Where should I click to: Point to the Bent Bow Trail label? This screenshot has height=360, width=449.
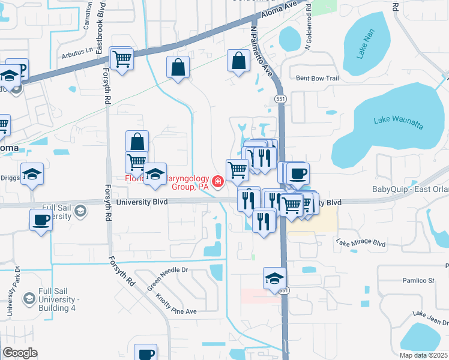[318, 78]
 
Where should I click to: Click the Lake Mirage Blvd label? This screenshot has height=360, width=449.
[360, 243]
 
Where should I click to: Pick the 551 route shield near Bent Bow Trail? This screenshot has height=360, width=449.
[280, 98]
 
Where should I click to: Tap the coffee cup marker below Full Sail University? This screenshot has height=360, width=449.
[41, 220]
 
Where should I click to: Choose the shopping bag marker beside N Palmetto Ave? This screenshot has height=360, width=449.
[239, 61]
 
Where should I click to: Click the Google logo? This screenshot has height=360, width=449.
[20, 353]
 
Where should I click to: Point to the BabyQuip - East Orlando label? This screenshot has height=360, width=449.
[410, 189]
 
